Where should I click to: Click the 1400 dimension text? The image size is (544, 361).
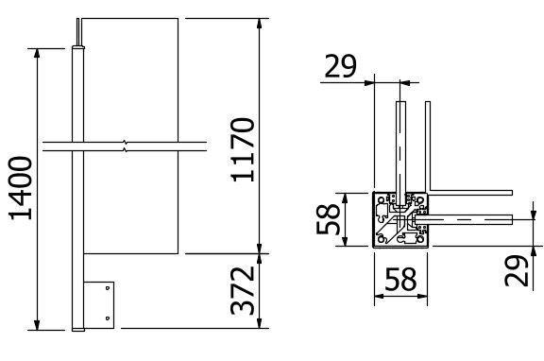click(21, 188)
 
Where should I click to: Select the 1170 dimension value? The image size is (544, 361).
click(243, 150)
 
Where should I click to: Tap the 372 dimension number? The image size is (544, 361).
click(243, 291)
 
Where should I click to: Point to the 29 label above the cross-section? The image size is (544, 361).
click(340, 66)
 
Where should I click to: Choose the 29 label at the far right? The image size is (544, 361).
click(517, 270)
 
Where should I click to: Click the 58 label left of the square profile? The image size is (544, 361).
click(328, 219)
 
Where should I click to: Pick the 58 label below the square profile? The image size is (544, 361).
click(400, 279)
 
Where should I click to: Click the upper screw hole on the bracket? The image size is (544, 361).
click(108, 287)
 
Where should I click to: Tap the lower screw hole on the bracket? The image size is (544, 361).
click(108, 318)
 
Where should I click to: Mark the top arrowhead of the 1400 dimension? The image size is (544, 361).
click(37, 53)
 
